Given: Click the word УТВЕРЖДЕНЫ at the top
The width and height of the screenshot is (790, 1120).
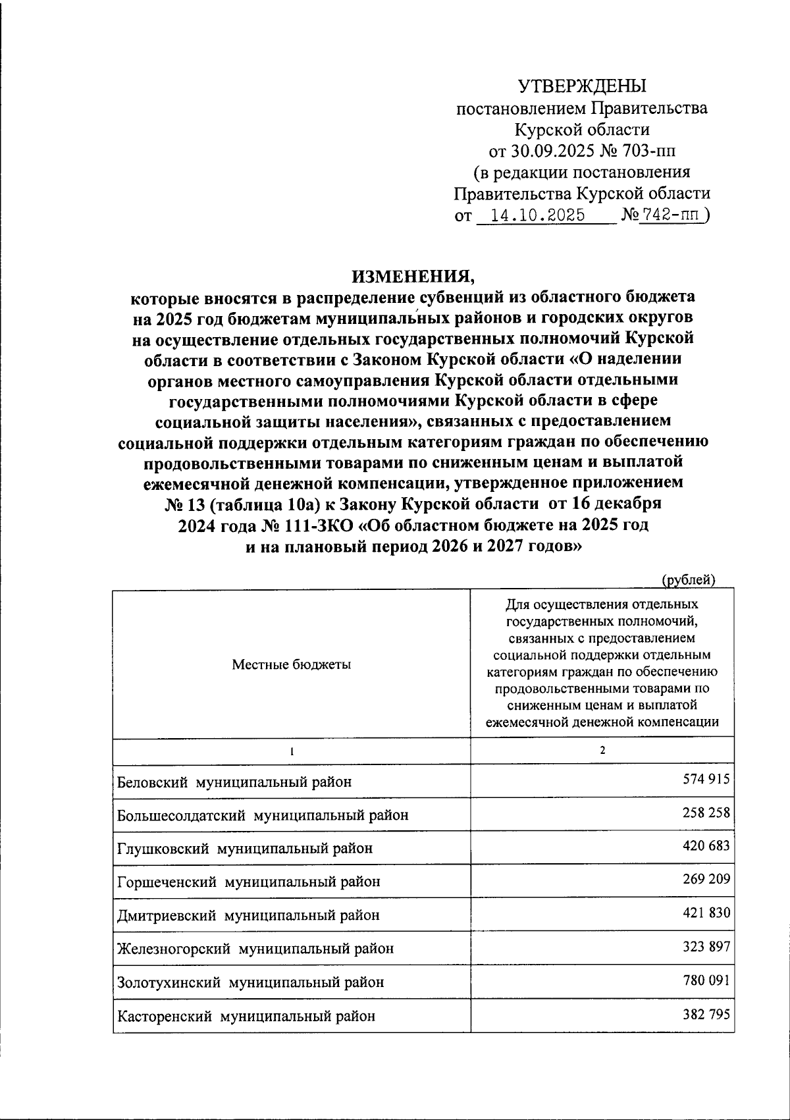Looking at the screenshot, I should (582, 86).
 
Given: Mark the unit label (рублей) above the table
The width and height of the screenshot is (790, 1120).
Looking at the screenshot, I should (688, 579).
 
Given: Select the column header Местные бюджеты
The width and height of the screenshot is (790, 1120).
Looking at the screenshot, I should (291, 664).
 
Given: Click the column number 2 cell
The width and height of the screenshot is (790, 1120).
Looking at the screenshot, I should (602, 751).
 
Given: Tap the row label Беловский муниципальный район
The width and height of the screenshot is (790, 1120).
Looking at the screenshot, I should (234, 782).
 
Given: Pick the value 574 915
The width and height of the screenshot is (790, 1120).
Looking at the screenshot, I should (706, 780).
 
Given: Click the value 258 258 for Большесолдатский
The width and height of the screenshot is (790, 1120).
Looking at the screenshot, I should (706, 813).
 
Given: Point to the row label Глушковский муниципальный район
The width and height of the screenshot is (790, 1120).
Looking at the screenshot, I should (245, 848).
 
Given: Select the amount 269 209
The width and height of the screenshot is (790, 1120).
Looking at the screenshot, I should (706, 879).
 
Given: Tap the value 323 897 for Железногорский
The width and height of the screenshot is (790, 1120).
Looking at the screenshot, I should (706, 947).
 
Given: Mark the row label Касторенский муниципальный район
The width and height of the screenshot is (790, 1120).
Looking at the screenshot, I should (246, 1016).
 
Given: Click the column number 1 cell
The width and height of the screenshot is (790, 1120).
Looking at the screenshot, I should (291, 751).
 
